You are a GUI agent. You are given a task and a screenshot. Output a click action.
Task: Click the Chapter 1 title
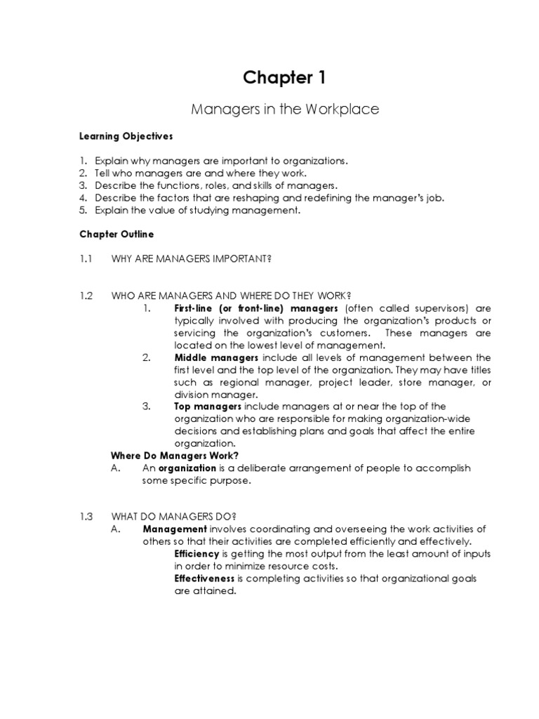click(285, 78)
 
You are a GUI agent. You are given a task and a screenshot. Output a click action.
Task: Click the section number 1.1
click(86, 259)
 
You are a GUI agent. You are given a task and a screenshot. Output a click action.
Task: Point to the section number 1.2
click(86, 296)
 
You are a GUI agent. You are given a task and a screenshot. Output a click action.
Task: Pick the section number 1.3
click(86, 516)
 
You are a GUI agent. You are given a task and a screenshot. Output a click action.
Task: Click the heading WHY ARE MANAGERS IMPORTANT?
click(192, 259)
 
